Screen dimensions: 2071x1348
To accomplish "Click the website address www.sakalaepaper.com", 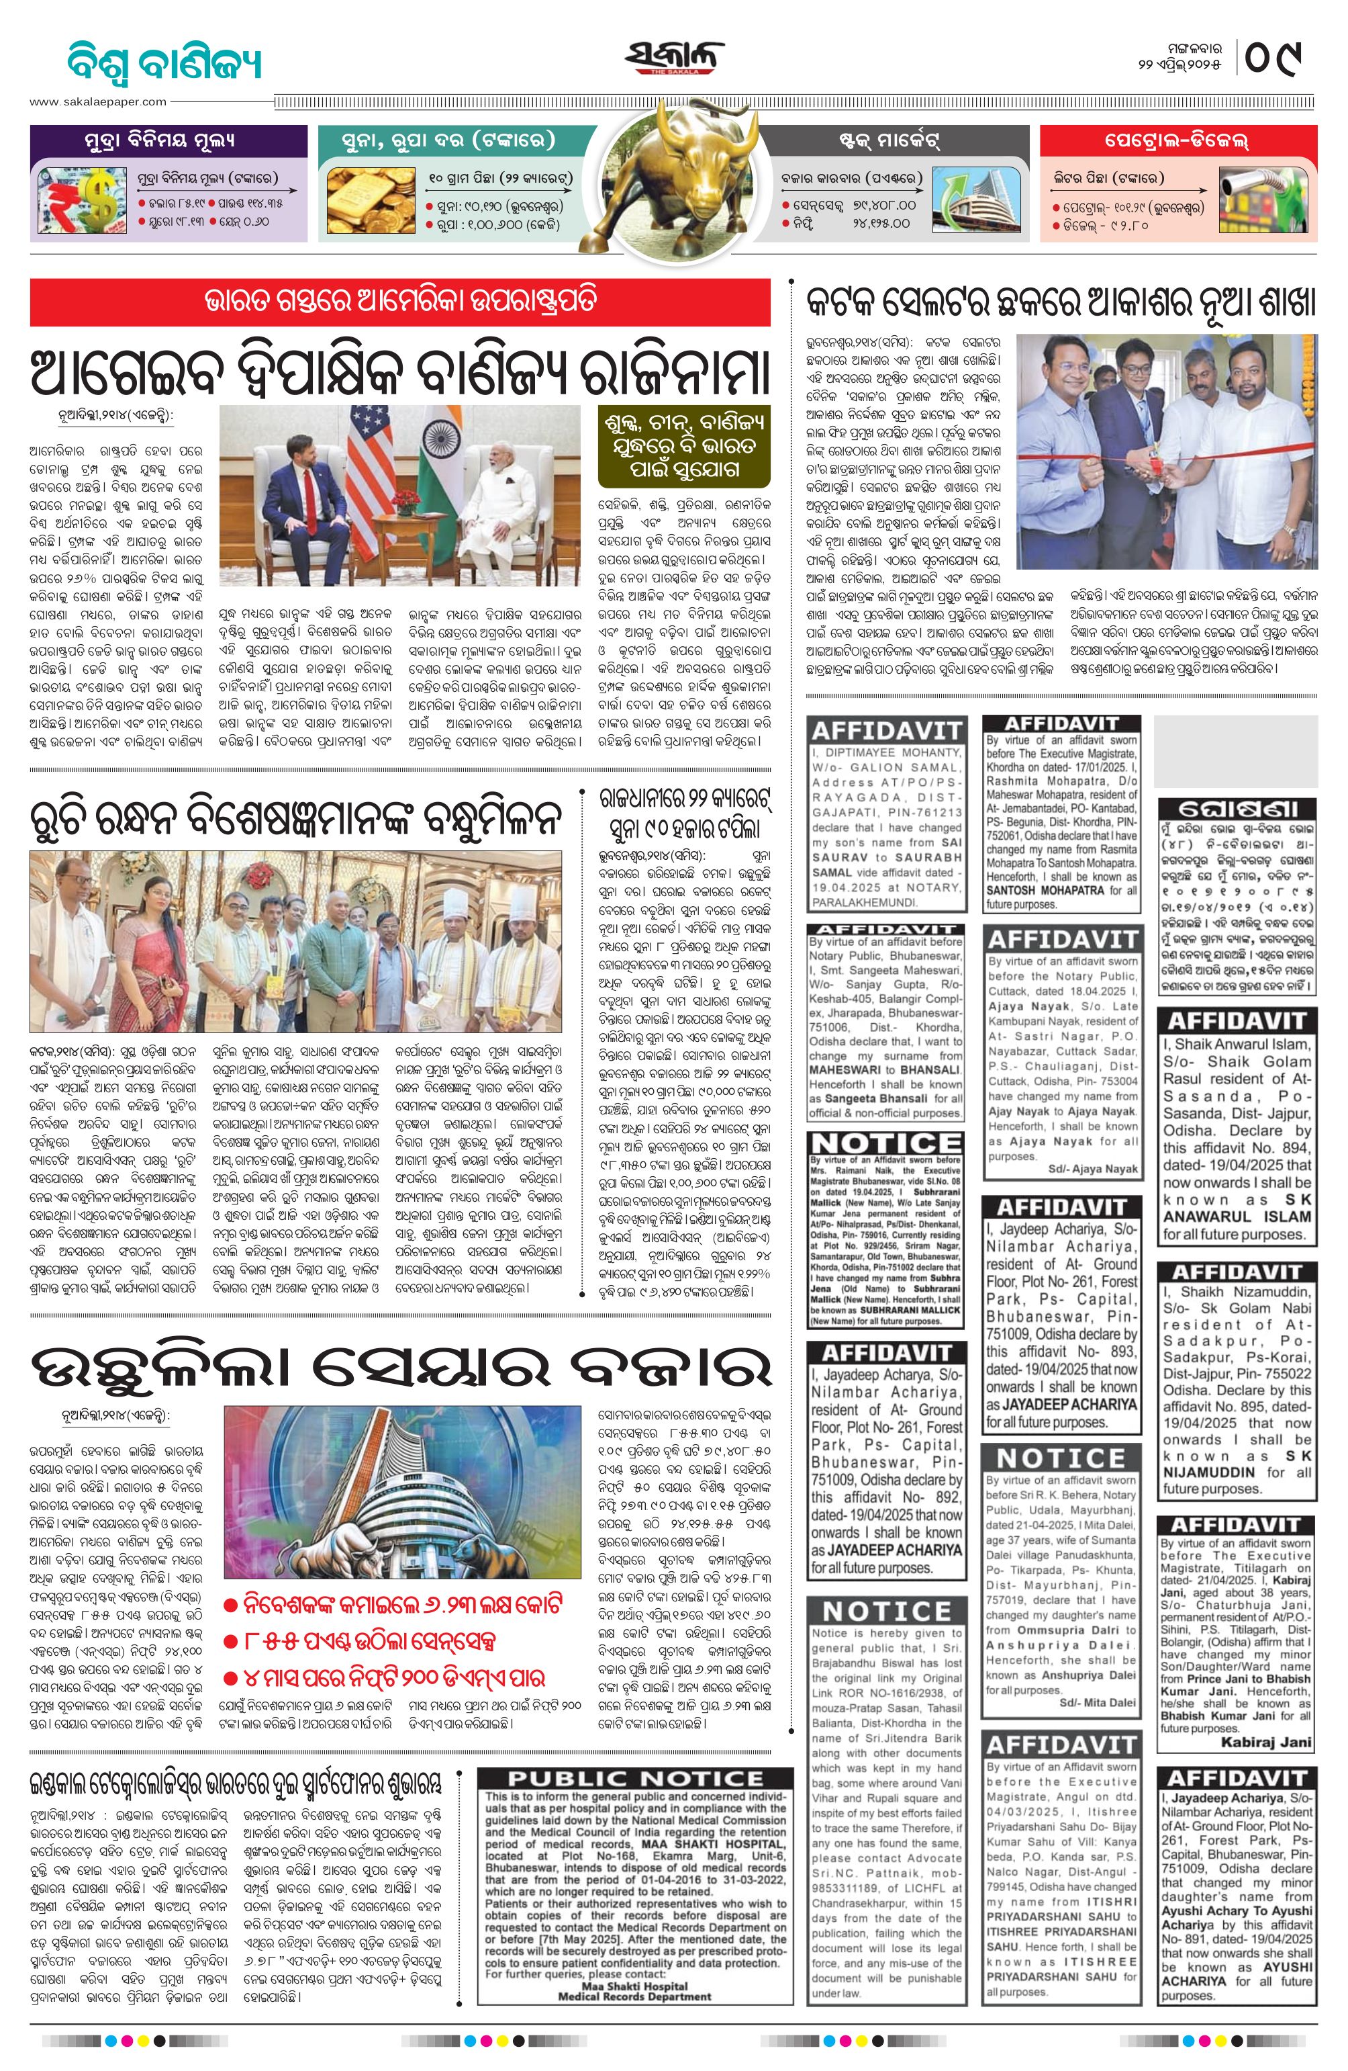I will [98, 102].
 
